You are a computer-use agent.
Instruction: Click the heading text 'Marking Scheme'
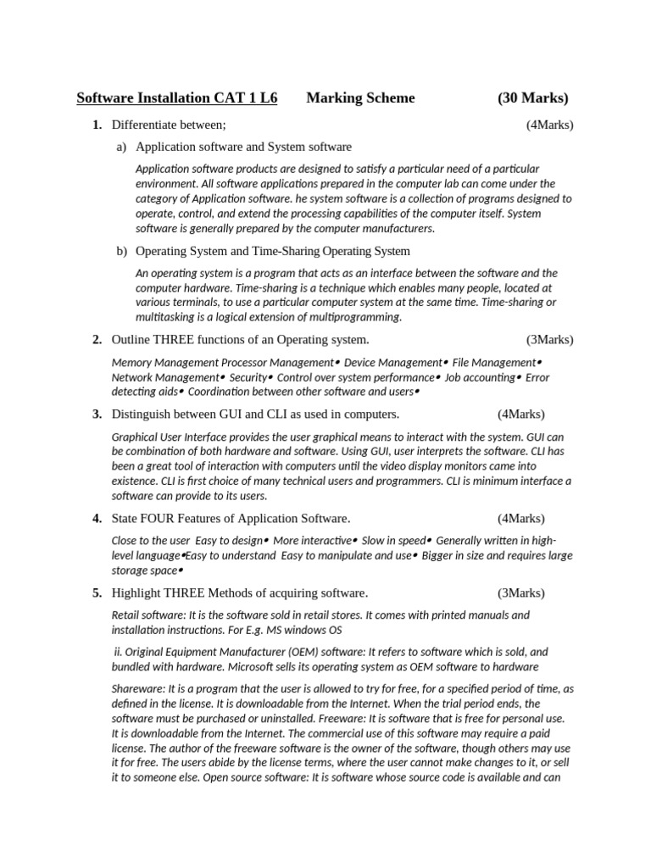[x=360, y=98]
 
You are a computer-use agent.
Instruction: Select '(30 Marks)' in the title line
[x=533, y=98]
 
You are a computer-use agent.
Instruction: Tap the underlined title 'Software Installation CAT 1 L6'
[x=177, y=98]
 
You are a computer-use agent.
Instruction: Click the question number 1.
[x=97, y=125]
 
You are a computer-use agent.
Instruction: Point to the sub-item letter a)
[x=121, y=147]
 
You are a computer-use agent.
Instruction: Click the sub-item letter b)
[x=121, y=251]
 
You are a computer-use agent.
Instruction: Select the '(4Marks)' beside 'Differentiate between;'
[x=549, y=125]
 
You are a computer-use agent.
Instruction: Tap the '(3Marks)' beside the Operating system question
[x=549, y=340]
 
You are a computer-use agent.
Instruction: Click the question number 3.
[x=97, y=414]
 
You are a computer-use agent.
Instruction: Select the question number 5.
[x=97, y=593]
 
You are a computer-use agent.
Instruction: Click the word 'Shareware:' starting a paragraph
[x=139, y=689]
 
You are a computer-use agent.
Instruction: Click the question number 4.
[x=97, y=518]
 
